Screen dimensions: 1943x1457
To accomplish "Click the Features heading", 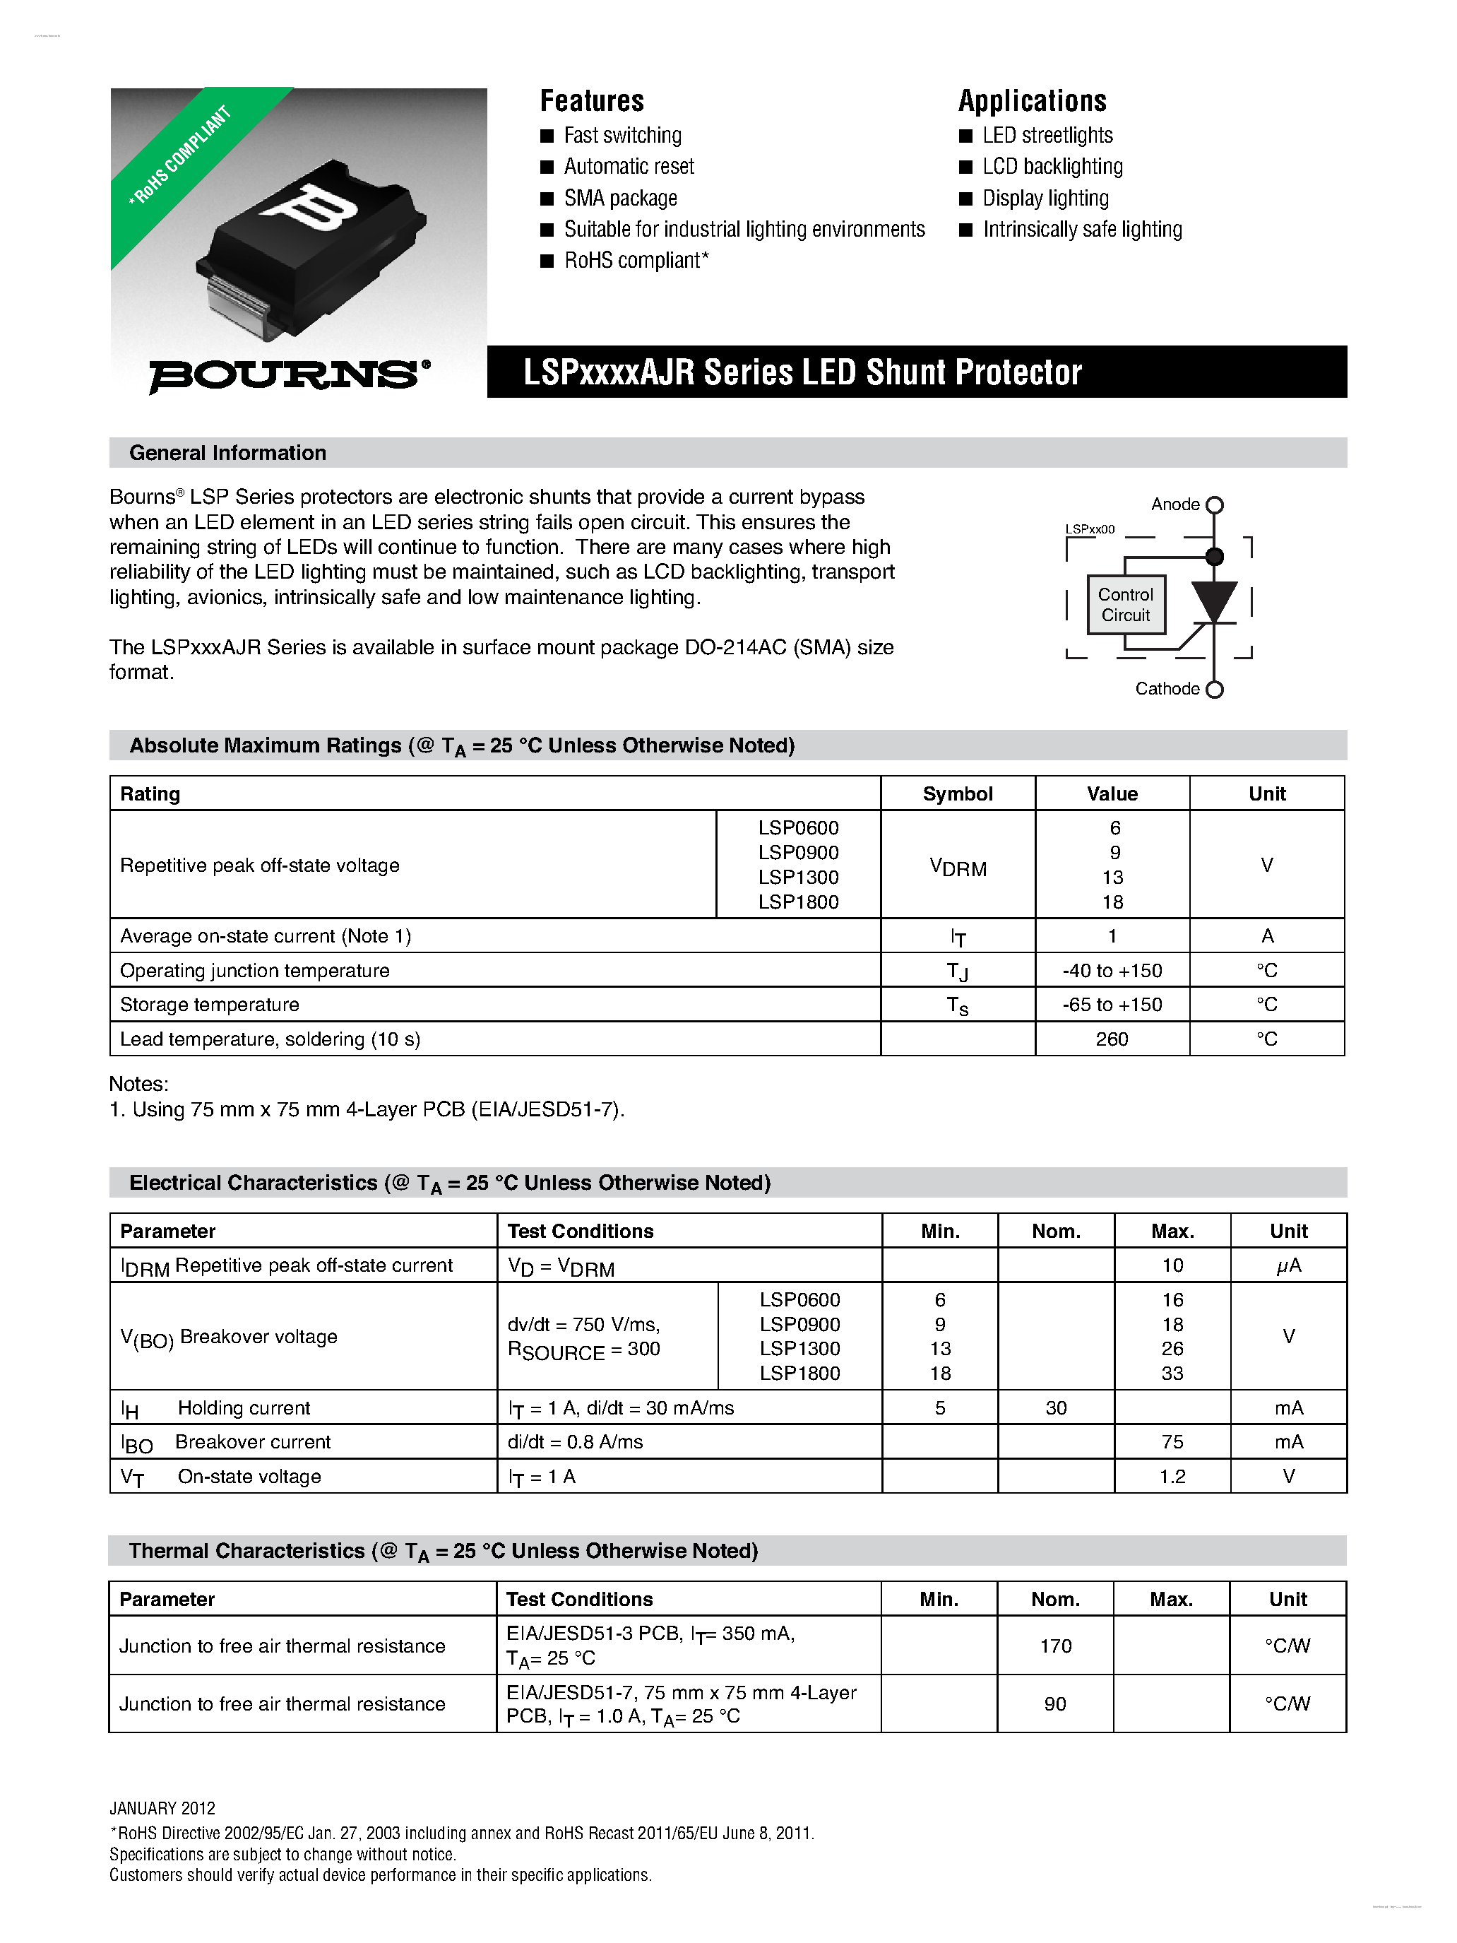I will tap(591, 101).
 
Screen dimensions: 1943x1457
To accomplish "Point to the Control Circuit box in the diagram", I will tap(1125, 604).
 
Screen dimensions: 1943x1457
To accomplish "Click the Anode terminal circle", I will tap(1215, 505).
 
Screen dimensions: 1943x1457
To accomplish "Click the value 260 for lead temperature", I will tap(1111, 1039).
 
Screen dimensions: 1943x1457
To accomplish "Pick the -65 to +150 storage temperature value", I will tap(1111, 1005).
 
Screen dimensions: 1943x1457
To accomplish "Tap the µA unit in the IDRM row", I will tap(1287, 1265).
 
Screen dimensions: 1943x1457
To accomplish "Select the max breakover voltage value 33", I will tap(1172, 1373).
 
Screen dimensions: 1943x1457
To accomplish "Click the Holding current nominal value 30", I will tap(1056, 1408).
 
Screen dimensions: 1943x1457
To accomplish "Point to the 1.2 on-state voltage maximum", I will tap(1172, 1477).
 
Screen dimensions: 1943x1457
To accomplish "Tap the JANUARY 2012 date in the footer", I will tap(162, 1808).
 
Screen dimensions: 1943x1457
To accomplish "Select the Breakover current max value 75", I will tap(1172, 1442).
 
